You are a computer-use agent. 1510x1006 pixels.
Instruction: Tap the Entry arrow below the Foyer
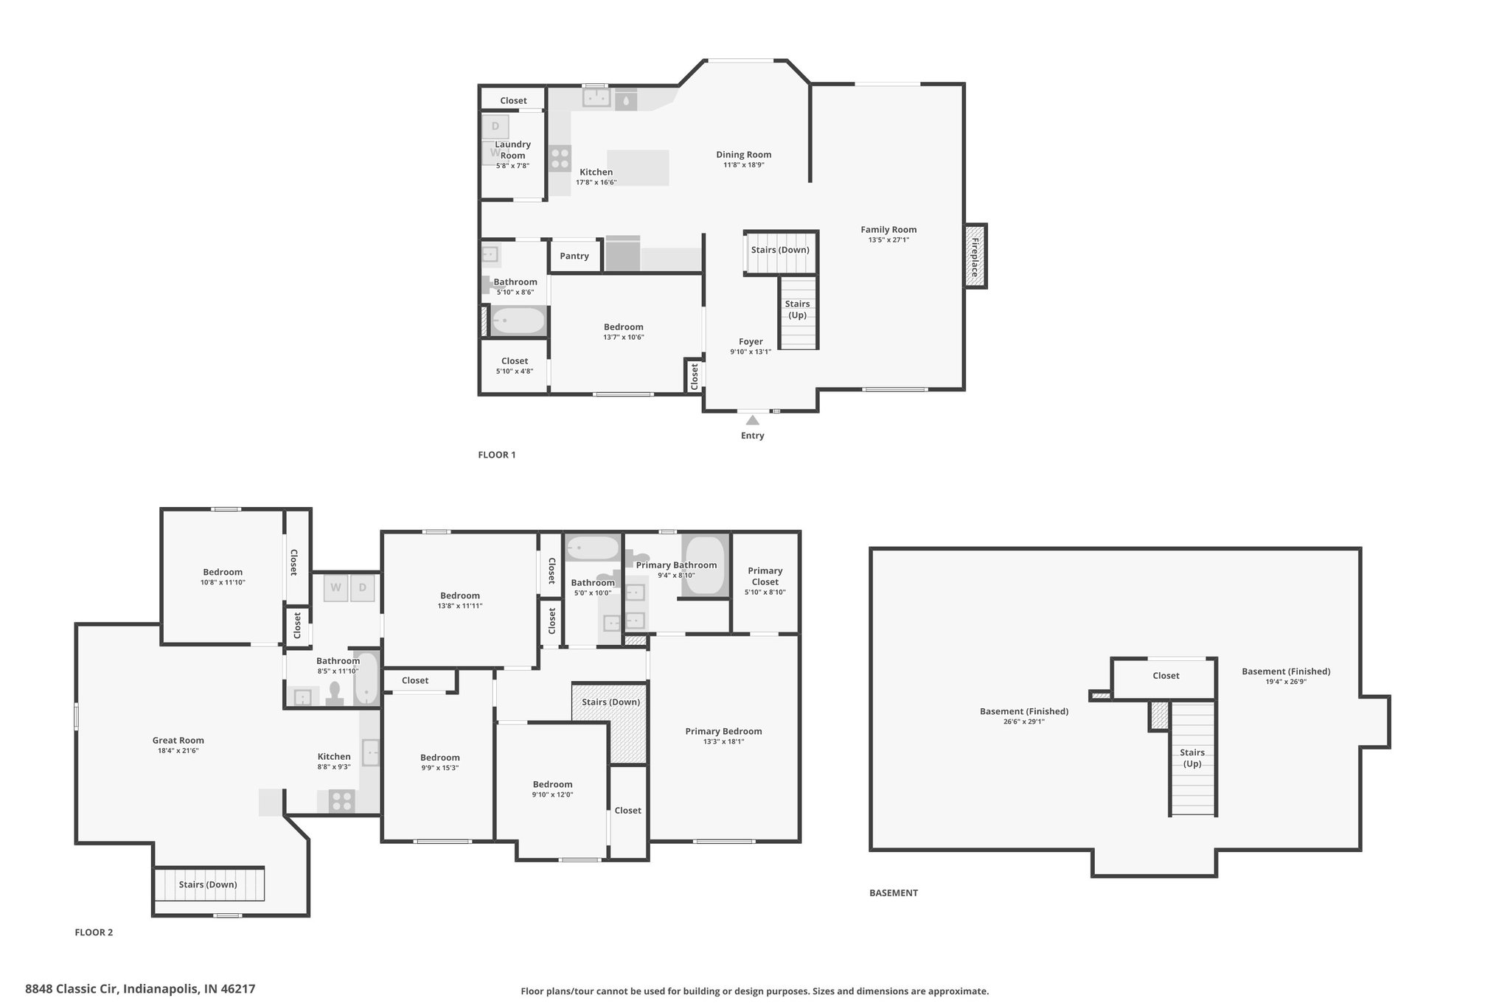pos(752,420)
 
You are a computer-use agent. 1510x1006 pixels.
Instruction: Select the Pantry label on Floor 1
pos(574,256)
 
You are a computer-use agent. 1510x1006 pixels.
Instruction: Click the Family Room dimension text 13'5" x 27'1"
pos(888,240)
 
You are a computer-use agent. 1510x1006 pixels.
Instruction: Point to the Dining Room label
pos(744,155)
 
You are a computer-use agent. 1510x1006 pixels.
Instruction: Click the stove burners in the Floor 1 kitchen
pos(560,159)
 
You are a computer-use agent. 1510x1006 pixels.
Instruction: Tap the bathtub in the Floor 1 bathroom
pos(518,321)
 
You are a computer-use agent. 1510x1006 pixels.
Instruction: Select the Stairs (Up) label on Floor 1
pos(798,310)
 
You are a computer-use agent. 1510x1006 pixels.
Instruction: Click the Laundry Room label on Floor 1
pos(512,150)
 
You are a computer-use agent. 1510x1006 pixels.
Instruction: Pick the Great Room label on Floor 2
pos(178,741)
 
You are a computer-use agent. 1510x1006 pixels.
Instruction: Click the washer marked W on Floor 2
pos(335,587)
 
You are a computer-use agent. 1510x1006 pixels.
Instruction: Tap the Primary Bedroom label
pos(723,731)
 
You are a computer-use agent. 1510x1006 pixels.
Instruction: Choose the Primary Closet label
pos(765,576)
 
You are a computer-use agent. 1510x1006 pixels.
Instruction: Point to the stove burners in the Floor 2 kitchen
pos(341,802)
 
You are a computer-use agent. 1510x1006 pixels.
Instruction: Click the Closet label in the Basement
pos(1166,676)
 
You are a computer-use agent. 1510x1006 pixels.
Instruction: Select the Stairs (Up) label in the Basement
pos(1192,758)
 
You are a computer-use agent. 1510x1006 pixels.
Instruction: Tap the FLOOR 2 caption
pos(94,932)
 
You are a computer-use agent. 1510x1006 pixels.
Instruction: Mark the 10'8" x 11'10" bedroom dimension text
pos(223,582)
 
